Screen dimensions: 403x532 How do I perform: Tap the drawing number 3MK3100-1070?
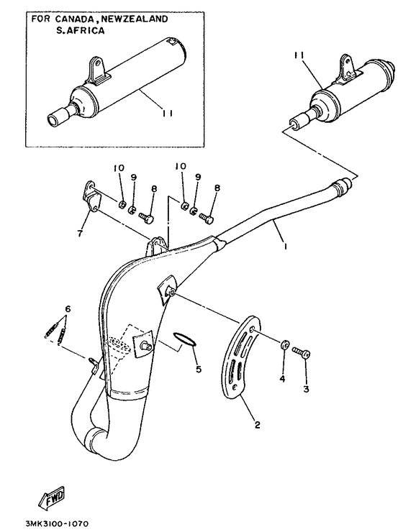[x=57, y=524]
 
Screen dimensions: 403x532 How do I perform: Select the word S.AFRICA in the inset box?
[x=80, y=30]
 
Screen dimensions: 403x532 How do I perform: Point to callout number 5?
[x=198, y=368]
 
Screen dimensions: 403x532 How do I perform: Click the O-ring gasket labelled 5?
[x=184, y=340]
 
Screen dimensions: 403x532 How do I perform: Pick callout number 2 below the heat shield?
[x=257, y=424]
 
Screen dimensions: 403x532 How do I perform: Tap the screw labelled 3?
[x=302, y=352]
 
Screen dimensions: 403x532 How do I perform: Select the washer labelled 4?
[x=285, y=344]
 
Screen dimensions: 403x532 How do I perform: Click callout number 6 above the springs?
[x=68, y=309]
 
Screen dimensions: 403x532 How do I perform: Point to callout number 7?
[x=80, y=233]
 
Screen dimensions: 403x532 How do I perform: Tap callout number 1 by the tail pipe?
[x=286, y=247]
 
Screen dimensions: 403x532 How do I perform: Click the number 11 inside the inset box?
[x=167, y=114]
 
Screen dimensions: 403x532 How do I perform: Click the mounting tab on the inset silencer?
[x=97, y=70]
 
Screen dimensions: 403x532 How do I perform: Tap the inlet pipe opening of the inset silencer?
[x=53, y=121]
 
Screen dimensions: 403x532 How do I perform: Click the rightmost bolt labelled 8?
[x=206, y=218]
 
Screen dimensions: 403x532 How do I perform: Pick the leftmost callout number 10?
[x=119, y=168]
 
